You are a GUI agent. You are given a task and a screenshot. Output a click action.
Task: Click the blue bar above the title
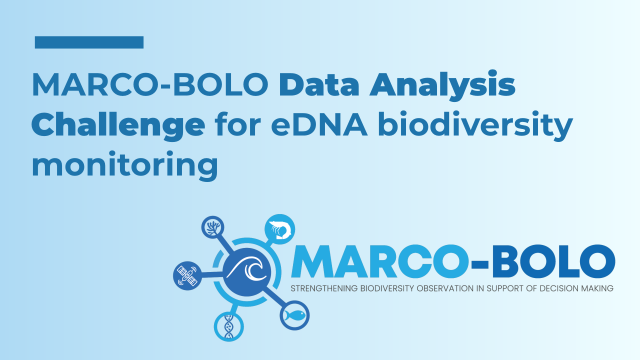tap(89, 42)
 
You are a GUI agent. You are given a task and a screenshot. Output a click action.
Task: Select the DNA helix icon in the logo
tap(229, 325)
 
